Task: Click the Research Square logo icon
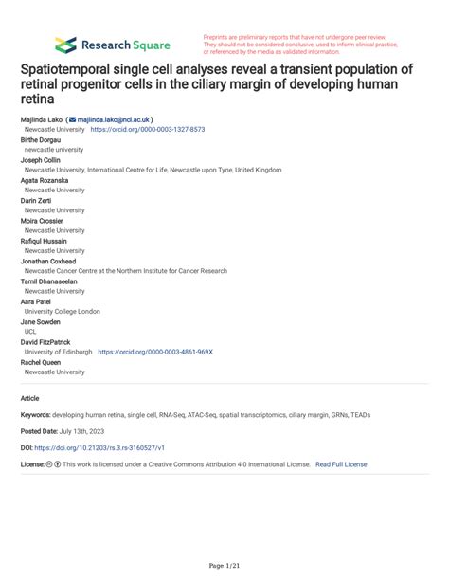click(x=65, y=44)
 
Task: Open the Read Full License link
click(x=341, y=464)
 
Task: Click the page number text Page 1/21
click(x=224, y=565)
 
